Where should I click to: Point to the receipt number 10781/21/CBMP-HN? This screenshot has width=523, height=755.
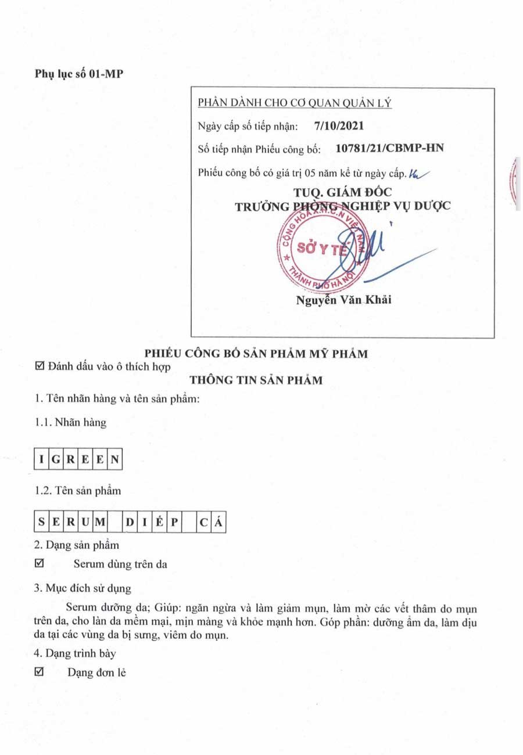[x=390, y=149]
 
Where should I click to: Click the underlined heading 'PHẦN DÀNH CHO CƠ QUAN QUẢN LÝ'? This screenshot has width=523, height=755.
[x=295, y=103]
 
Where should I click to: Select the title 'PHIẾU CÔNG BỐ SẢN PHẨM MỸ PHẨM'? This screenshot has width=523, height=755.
[x=256, y=354]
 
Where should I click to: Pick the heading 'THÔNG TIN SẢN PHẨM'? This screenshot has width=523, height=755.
[x=256, y=380]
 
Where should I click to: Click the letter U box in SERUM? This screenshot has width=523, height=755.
[x=85, y=522]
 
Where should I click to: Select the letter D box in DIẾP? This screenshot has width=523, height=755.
[x=130, y=522]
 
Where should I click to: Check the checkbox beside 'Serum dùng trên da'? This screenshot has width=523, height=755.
[x=40, y=563]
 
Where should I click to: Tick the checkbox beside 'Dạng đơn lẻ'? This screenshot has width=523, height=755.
[x=40, y=673]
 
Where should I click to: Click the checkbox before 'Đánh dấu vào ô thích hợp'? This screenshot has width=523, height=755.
[x=40, y=366]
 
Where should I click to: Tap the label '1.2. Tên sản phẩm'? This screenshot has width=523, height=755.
[x=78, y=491]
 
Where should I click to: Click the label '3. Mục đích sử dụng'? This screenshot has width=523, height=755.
[x=82, y=588]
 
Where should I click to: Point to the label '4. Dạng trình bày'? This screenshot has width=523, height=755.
[x=75, y=653]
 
